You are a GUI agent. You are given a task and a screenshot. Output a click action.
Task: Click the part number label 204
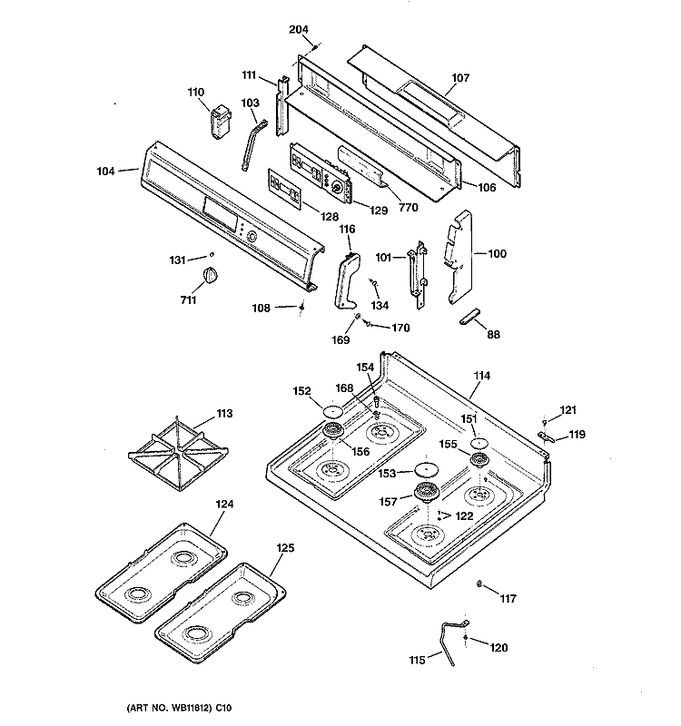[299, 30]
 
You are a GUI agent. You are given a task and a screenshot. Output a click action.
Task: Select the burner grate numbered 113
[178, 452]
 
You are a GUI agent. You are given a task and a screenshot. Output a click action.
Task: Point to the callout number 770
[408, 208]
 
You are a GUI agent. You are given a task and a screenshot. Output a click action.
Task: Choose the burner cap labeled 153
[426, 469]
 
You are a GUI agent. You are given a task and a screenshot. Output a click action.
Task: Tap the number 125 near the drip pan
[285, 548]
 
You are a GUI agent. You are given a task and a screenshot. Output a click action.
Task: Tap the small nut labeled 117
[479, 584]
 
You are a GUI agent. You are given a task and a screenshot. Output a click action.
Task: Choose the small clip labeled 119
[546, 437]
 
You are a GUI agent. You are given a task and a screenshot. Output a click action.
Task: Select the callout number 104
[105, 172]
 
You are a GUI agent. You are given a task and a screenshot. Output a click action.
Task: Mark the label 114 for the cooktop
[481, 376]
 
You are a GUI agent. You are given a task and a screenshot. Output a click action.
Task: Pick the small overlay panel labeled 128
[284, 189]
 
